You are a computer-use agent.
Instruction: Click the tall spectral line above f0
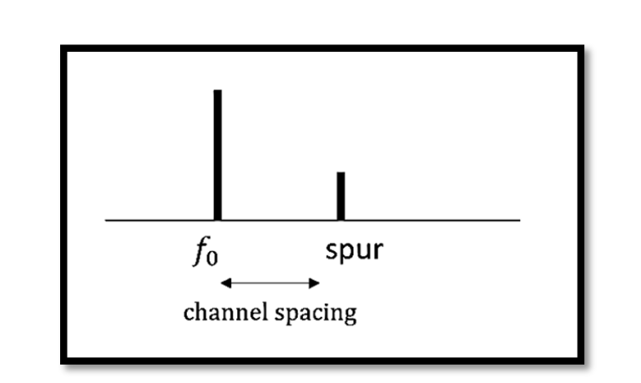(x=217, y=155)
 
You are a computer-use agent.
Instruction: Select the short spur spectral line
(x=341, y=196)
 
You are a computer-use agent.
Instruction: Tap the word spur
(x=355, y=249)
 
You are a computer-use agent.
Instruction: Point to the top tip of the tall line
(x=217, y=90)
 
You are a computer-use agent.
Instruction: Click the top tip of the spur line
(x=341, y=172)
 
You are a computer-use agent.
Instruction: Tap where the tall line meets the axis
(x=217, y=219)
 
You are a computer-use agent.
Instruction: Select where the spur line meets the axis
(x=341, y=219)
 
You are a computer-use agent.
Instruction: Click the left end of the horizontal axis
(x=106, y=220)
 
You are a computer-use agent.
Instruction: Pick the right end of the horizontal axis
(x=519, y=220)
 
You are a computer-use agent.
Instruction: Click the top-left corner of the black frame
(x=63, y=48)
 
